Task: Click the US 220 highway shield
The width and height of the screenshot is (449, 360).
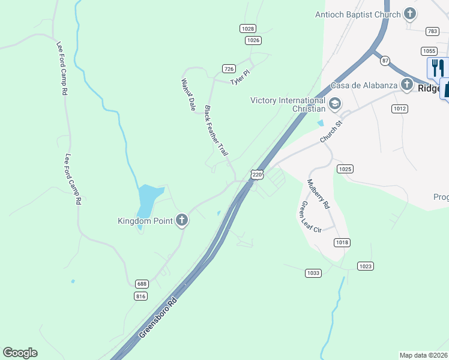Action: (257, 175)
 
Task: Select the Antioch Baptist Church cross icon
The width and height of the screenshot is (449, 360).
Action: (410, 14)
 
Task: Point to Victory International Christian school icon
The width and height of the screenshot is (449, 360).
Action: (334, 104)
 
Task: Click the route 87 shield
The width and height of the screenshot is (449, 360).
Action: (385, 60)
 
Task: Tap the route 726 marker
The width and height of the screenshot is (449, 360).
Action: (228, 68)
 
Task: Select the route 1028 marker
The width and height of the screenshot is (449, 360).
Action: (247, 28)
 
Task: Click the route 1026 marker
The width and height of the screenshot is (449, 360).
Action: (253, 40)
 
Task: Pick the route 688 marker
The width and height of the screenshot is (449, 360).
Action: (142, 284)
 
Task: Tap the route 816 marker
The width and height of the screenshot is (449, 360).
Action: (140, 296)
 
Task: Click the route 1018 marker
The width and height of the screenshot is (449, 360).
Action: (342, 242)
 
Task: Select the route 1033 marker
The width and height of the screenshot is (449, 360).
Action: (313, 272)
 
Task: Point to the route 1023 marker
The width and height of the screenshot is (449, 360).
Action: (365, 266)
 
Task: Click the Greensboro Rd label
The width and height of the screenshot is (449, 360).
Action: (160, 317)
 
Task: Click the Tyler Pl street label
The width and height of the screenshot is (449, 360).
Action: (240, 77)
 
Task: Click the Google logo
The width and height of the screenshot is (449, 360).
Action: (20, 353)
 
